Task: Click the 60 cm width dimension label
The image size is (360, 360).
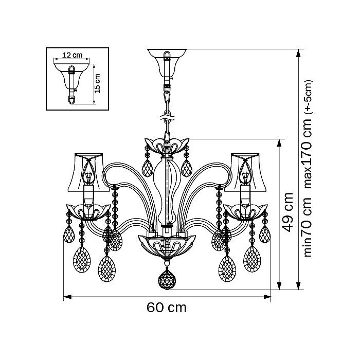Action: (166, 308)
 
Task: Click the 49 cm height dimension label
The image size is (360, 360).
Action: (289, 211)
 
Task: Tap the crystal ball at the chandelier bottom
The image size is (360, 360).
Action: (166, 280)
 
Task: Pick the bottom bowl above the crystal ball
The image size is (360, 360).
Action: (166, 245)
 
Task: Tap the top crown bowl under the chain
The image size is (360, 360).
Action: (166, 146)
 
